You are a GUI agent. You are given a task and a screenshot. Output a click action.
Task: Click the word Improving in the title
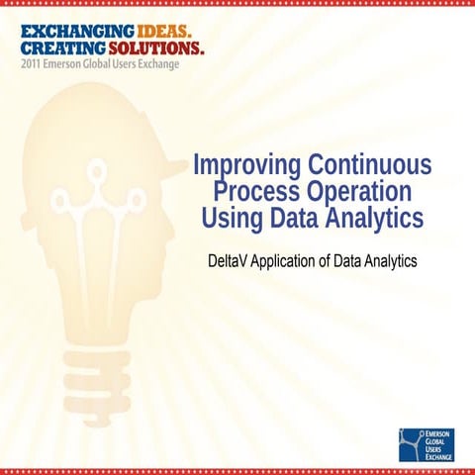(x=244, y=163)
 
